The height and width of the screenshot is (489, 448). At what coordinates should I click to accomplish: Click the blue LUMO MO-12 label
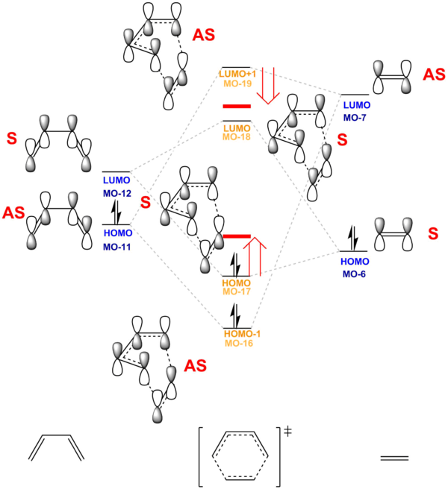pos(117,186)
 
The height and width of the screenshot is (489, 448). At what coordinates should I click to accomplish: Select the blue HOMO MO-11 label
pos(117,239)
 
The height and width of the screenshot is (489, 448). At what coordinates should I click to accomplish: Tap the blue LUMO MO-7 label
pos(356,111)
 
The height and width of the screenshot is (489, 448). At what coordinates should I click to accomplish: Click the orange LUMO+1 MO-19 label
pos(238,78)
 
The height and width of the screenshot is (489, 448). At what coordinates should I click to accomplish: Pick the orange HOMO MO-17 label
pos(237,287)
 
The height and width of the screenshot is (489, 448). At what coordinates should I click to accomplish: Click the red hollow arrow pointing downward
pos(267,85)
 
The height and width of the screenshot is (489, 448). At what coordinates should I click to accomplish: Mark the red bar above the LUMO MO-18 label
pos(237,107)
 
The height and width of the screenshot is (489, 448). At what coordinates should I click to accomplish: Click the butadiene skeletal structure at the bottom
pos(56,448)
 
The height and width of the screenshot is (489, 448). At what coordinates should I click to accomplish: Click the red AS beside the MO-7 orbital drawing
pos(432,75)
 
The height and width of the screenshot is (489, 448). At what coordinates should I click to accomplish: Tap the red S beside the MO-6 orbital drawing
pos(432,234)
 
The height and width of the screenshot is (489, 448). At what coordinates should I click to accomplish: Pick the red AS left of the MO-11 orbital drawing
pos(13,213)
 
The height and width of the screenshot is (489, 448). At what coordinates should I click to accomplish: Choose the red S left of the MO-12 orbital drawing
pos(11,139)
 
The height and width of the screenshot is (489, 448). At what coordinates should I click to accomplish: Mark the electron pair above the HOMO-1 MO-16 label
pos(234,311)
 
